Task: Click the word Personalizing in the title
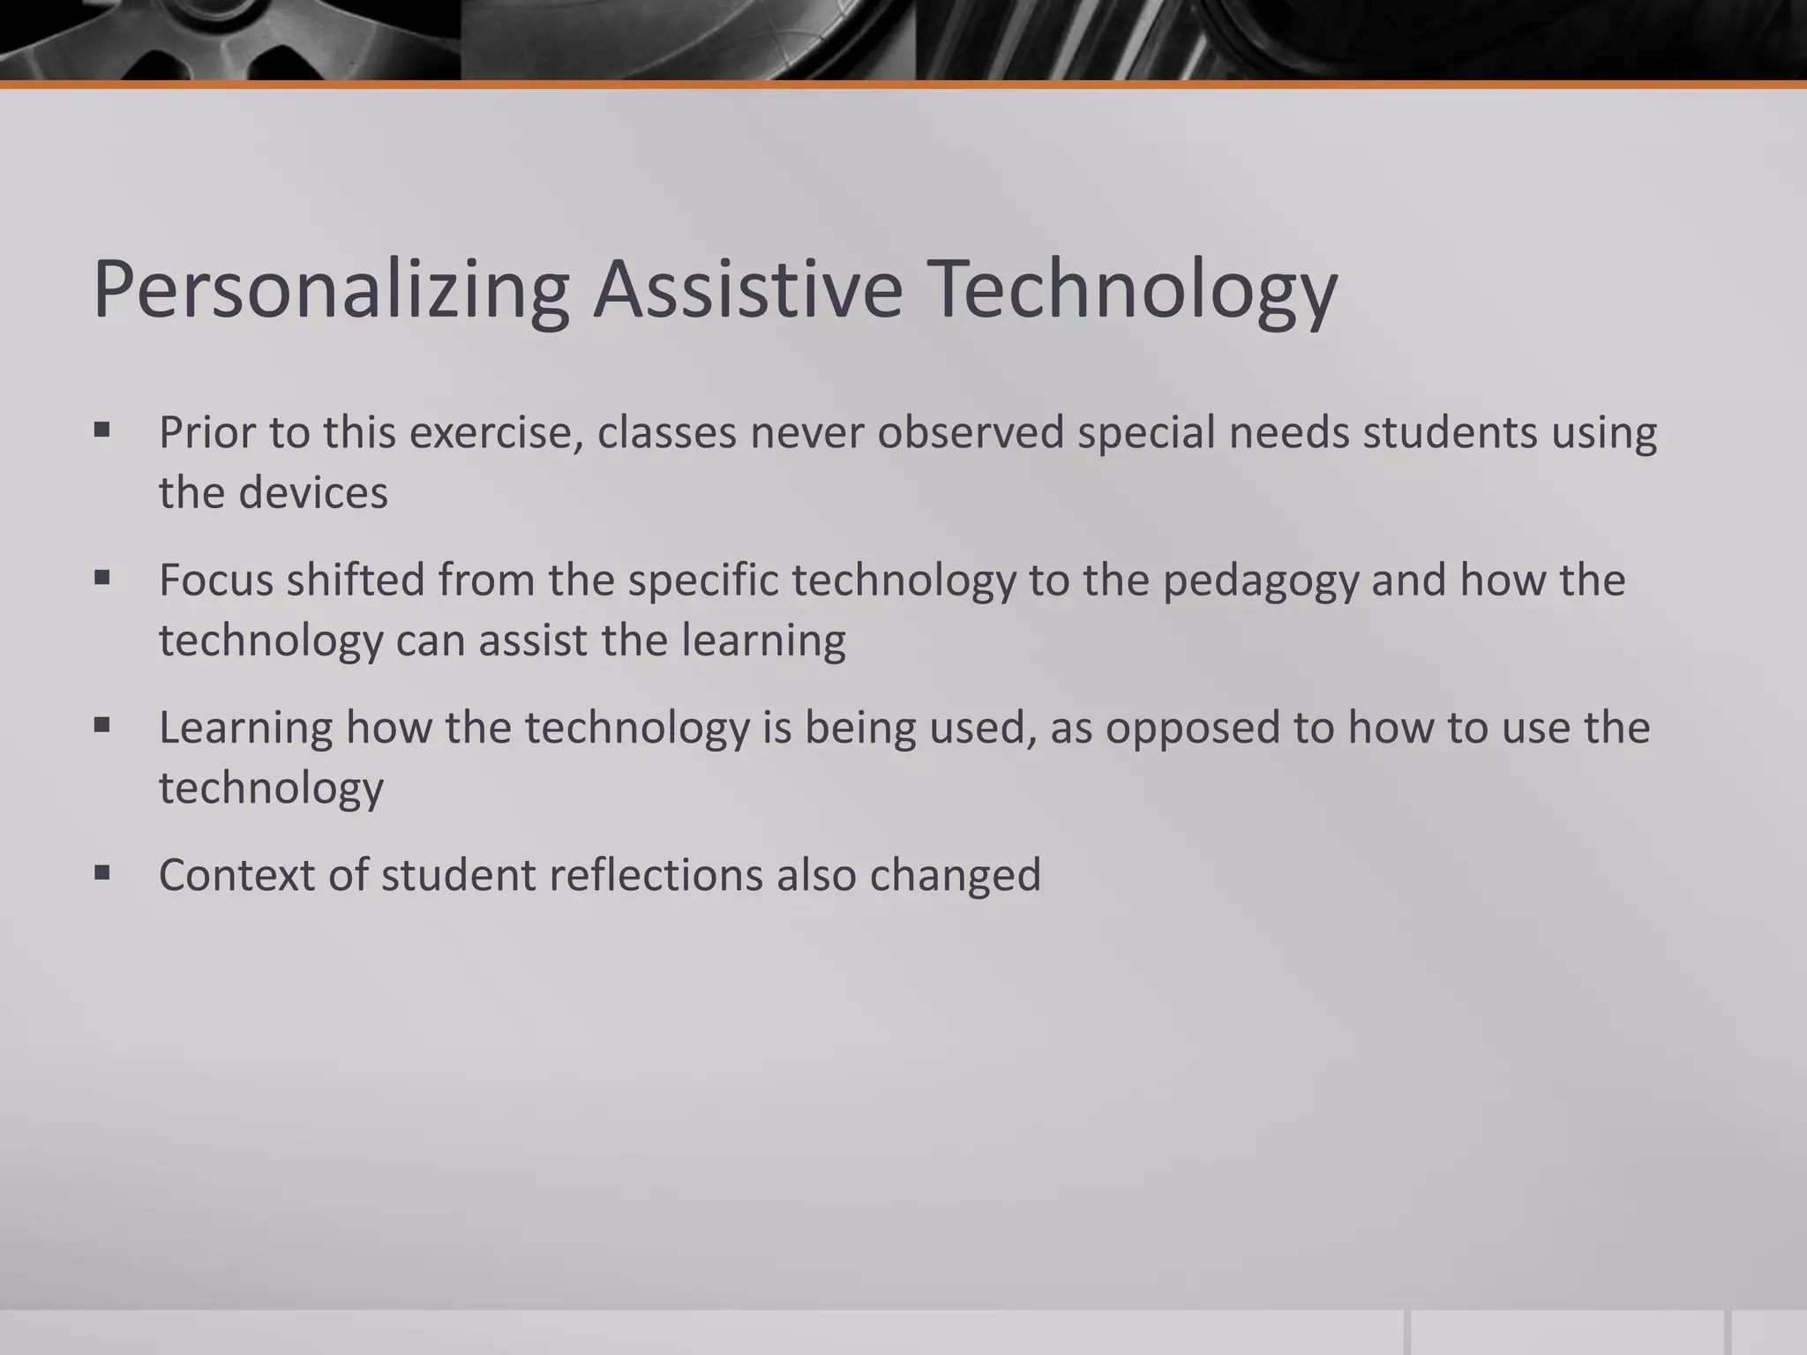point(331,290)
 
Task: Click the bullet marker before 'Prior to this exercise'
point(102,431)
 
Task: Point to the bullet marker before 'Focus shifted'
point(102,579)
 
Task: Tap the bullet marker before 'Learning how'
point(102,726)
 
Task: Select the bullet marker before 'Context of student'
point(102,873)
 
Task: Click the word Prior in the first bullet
point(206,433)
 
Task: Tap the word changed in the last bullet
point(955,875)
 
